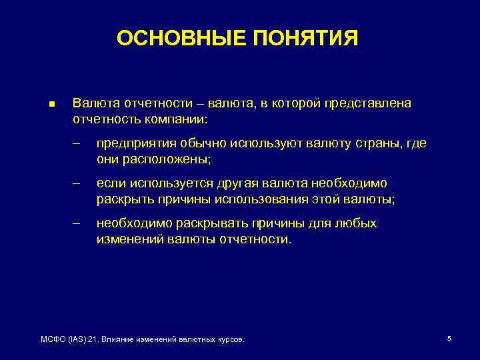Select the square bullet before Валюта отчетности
coord(51,105)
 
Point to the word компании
coord(181,121)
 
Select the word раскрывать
coord(193,223)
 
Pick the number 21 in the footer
coord(93,339)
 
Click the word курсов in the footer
coord(231,339)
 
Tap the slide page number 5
coord(449,339)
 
